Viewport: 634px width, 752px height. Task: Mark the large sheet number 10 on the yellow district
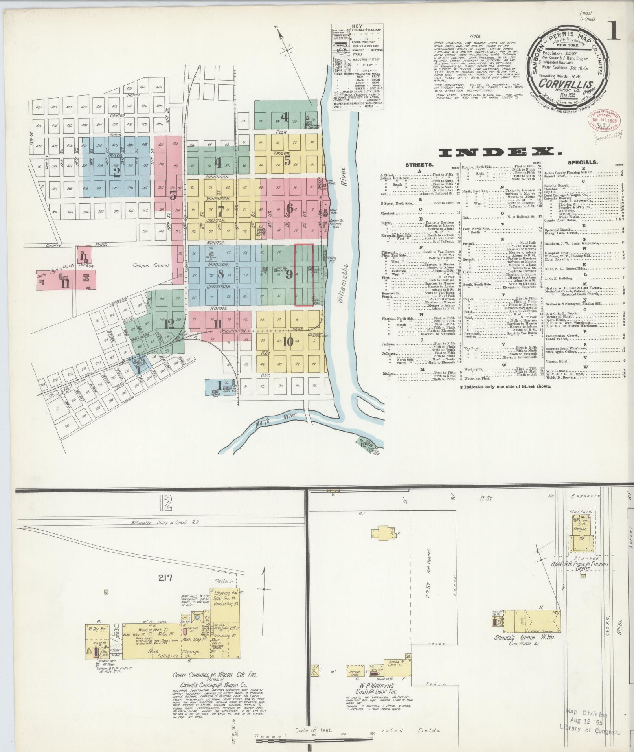[x=288, y=342]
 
